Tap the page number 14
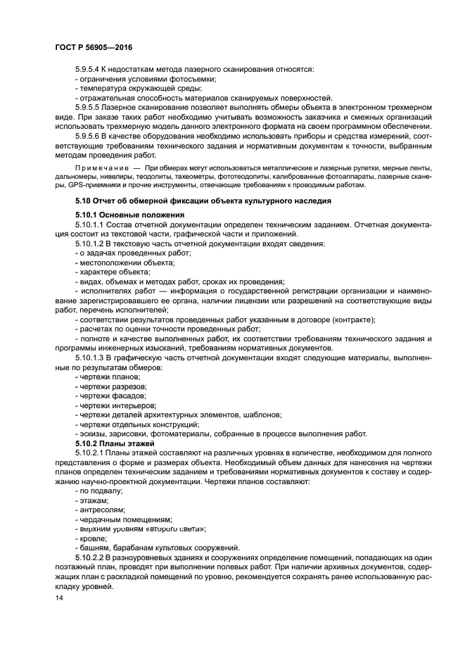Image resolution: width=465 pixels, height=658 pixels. [x=59, y=597]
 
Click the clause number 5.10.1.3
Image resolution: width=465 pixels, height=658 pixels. [x=89, y=358]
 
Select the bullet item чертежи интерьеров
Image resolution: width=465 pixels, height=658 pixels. [x=116, y=405]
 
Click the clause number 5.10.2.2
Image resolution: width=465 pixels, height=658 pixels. [x=89, y=557]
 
